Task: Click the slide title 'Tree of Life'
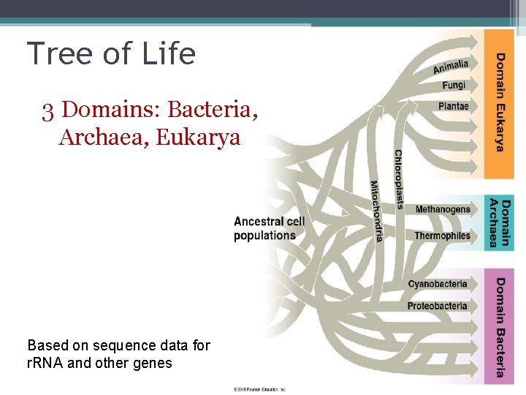(x=111, y=54)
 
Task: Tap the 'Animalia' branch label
(x=451, y=67)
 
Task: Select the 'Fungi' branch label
(x=454, y=86)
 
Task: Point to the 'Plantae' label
(x=453, y=106)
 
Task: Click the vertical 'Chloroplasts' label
(x=399, y=179)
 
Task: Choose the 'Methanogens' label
(x=443, y=209)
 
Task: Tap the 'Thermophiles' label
(x=442, y=236)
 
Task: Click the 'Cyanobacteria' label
(x=438, y=284)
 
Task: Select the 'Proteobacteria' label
(x=437, y=306)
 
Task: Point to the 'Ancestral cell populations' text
(x=268, y=228)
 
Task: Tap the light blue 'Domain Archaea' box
(x=499, y=223)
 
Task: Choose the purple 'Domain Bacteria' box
(x=499, y=326)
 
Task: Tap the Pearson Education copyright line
(x=259, y=390)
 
